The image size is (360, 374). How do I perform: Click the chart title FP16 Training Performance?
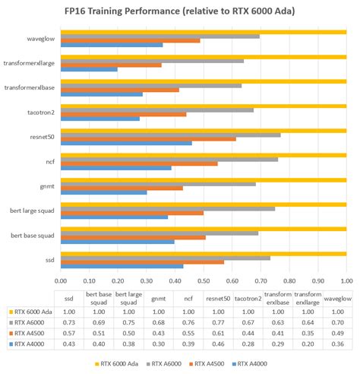click(x=180, y=11)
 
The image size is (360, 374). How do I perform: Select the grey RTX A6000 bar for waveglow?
click(x=159, y=36)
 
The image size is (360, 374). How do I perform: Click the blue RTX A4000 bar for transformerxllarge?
click(x=89, y=70)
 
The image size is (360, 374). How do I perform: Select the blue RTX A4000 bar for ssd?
click(x=122, y=266)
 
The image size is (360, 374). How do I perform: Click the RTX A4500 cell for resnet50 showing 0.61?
click(x=217, y=332)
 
